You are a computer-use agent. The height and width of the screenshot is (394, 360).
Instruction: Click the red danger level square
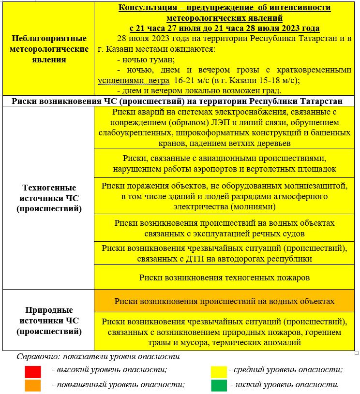(x=33, y=371)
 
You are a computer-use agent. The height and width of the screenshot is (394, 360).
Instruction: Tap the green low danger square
(x=219, y=385)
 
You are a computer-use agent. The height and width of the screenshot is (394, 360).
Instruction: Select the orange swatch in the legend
(x=33, y=385)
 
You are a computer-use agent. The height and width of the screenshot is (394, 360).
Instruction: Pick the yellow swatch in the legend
(x=219, y=371)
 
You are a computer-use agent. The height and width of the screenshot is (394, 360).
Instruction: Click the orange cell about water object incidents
(x=224, y=301)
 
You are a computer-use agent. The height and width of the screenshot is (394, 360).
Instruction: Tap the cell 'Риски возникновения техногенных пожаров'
(x=224, y=277)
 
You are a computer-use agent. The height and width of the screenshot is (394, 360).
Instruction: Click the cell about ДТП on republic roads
(x=224, y=253)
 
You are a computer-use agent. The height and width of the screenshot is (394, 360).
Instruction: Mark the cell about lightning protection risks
(x=224, y=196)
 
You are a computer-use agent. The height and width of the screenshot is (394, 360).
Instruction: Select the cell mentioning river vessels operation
(x=224, y=228)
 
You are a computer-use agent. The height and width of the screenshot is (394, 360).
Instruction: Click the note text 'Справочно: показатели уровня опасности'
(x=98, y=357)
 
